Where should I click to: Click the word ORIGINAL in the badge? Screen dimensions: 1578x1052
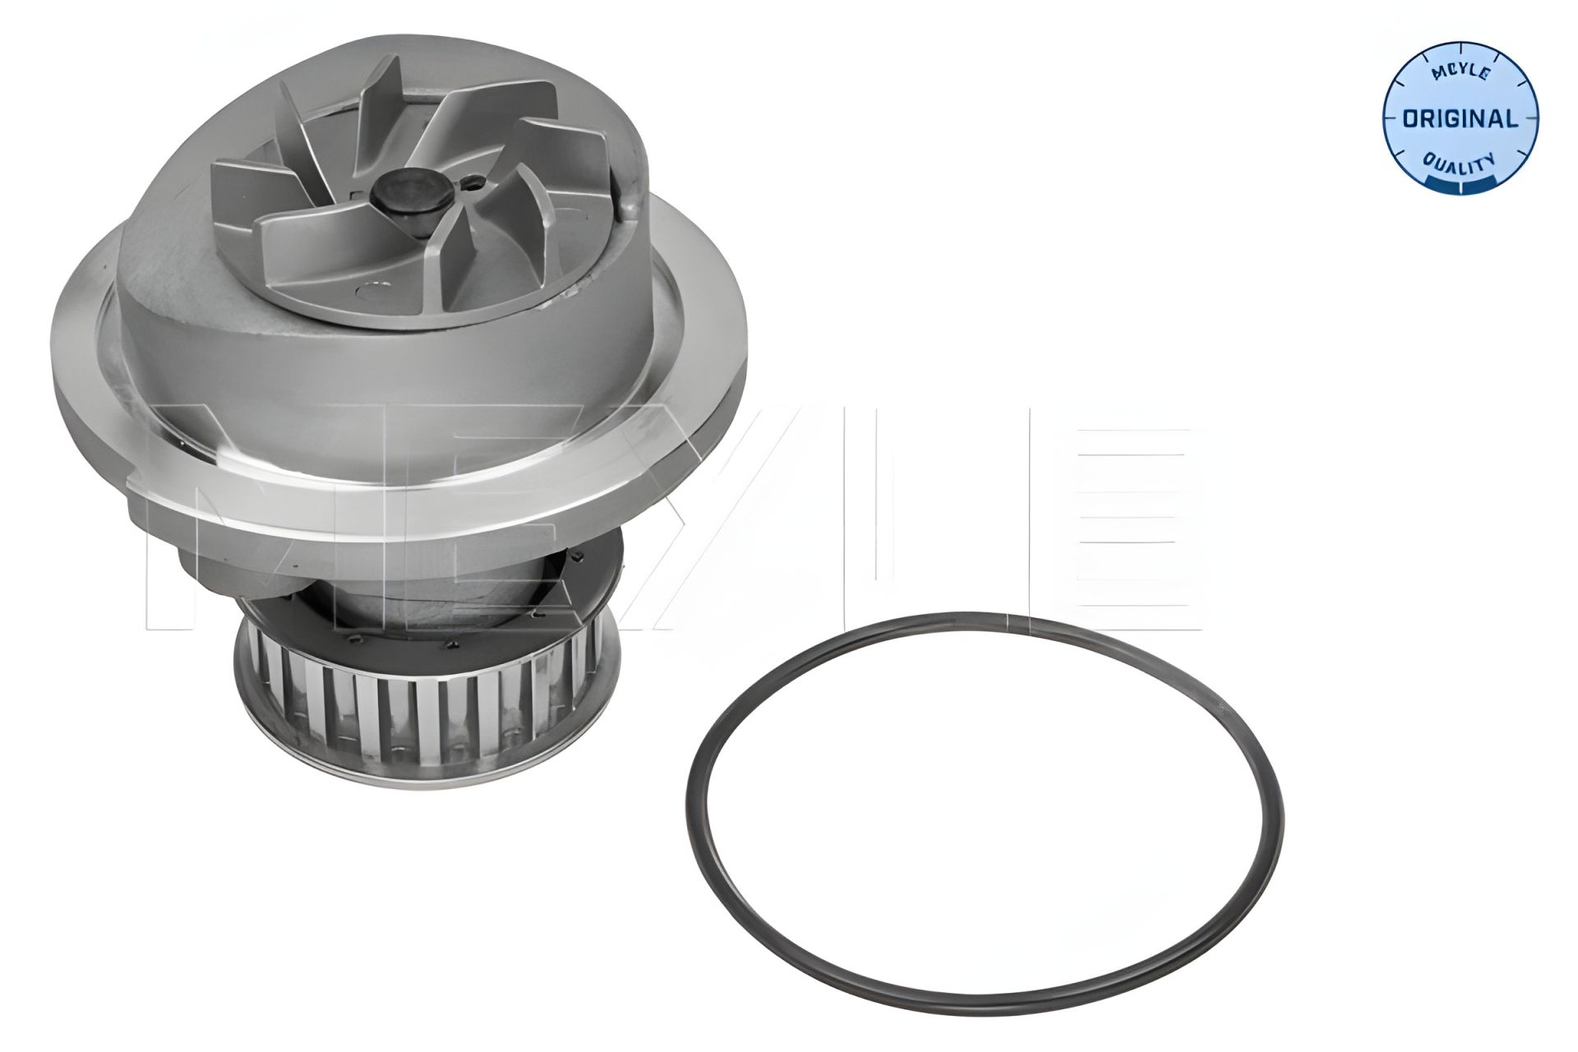[1459, 119]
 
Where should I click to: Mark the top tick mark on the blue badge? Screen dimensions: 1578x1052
[1460, 47]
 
